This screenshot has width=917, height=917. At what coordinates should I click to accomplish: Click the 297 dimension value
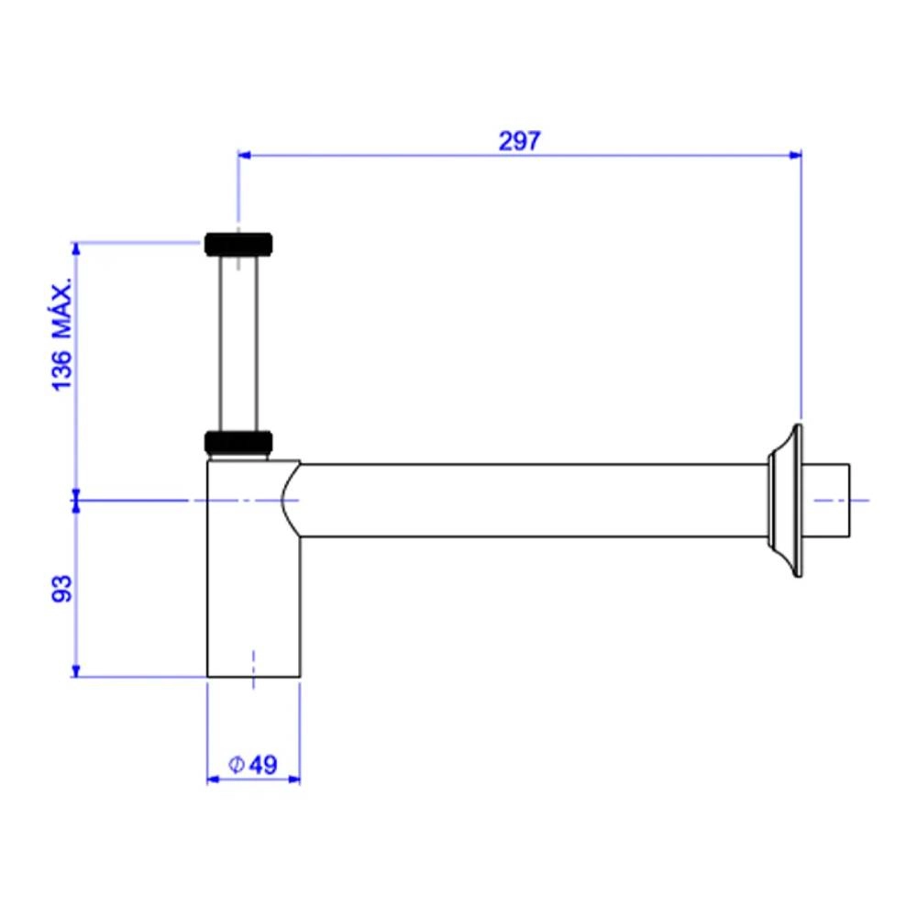(519, 141)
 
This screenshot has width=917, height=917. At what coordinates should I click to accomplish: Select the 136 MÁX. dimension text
(62, 335)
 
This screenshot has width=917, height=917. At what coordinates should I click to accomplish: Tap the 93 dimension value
(62, 588)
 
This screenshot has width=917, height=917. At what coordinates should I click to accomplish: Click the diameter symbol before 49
(236, 765)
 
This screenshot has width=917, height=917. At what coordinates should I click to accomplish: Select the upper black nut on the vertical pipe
(238, 244)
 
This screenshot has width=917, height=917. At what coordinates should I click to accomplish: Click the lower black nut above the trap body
(238, 442)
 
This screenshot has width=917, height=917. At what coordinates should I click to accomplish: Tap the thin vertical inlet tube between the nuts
(238, 343)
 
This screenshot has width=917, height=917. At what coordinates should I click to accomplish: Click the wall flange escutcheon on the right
(786, 501)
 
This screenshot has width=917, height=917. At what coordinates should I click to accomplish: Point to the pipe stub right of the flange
(826, 501)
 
